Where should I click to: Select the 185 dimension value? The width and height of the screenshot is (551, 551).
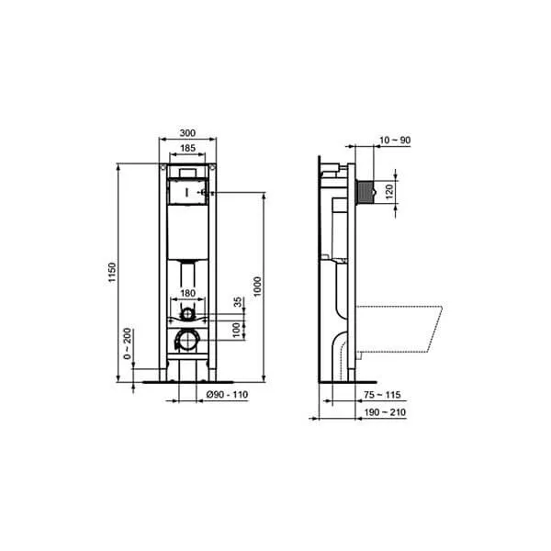click(x=187, y=148)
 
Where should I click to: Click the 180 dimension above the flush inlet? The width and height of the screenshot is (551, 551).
click(x=187, y=293)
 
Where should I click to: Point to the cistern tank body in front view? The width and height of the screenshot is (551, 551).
click(x=187, y=230)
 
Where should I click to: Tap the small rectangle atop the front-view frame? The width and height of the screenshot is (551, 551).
click(x=187, y=171)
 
